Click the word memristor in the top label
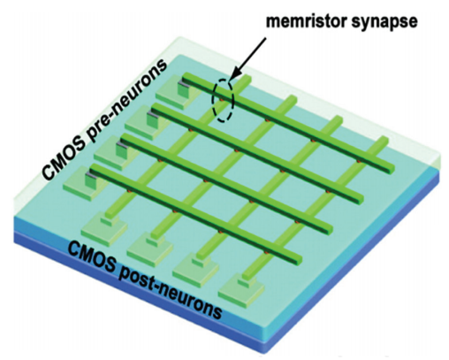click(306, 21)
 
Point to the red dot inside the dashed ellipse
click(222, 101)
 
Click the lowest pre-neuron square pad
click(82, 184)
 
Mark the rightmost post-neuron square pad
click(241, 289)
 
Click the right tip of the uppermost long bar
click(392, 169)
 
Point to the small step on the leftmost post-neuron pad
click(110, 221)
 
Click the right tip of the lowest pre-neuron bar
click(299, 260)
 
